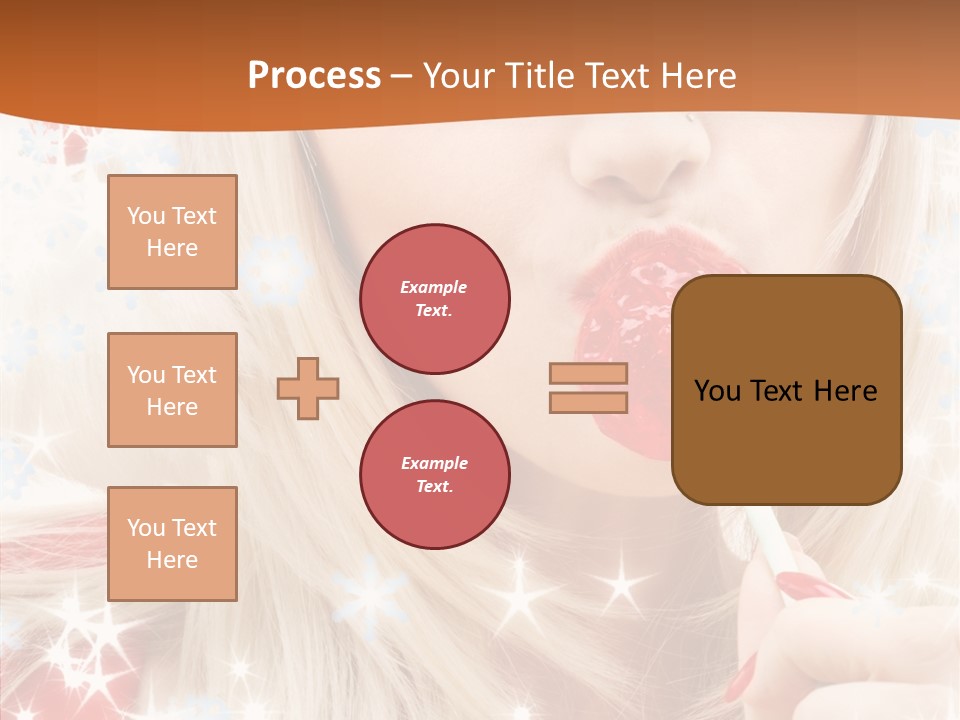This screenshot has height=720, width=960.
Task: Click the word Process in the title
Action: click(x=314, y=76)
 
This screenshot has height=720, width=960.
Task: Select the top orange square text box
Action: click(x=172, y=232)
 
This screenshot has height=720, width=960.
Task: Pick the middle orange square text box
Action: click(x=172, y=390)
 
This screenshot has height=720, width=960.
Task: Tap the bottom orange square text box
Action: click(x=172, y=544)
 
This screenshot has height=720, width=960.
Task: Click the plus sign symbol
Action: click(x=308, y=388)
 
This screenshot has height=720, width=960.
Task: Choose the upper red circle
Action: click(x=435, y=299)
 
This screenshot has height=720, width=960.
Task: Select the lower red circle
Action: click(x=435, y=475)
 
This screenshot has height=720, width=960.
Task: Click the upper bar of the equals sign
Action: click(x=588, y=373)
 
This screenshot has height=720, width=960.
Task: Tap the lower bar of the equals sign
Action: click(x=588, y=402)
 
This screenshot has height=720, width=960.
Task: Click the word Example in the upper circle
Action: click(x=434, y=287)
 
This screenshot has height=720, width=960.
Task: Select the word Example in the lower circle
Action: click(x=434, y=463)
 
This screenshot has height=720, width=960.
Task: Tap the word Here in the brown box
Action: click(x=846, y=391)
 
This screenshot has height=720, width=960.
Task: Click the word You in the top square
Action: click(x=146, y=216)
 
